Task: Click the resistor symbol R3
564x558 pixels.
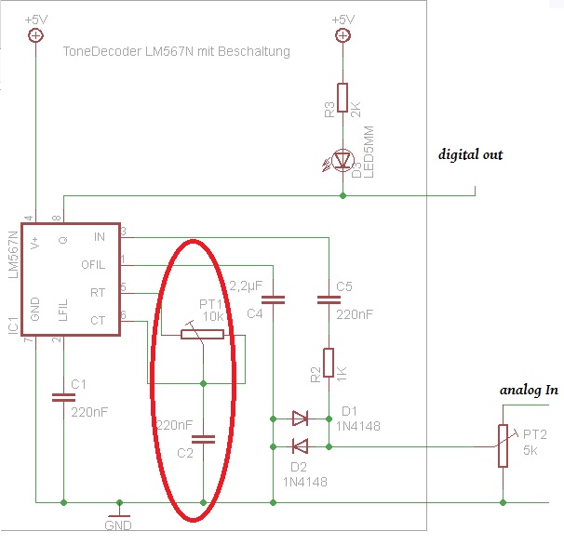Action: (342, 98)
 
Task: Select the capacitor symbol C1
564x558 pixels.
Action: (62, 397)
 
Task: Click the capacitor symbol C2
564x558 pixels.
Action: (202, 437)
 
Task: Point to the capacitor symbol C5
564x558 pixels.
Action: (329, 300)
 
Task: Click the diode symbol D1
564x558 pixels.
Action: (299, 418)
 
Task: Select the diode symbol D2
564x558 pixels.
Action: (299, 446)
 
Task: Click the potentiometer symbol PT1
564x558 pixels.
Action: (202, 333)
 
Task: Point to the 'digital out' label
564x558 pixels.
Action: (470, 154)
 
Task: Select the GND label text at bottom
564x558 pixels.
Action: (118, 525)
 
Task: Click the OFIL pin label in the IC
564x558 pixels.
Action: (94, 263)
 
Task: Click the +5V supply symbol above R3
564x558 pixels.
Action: (342, 35)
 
